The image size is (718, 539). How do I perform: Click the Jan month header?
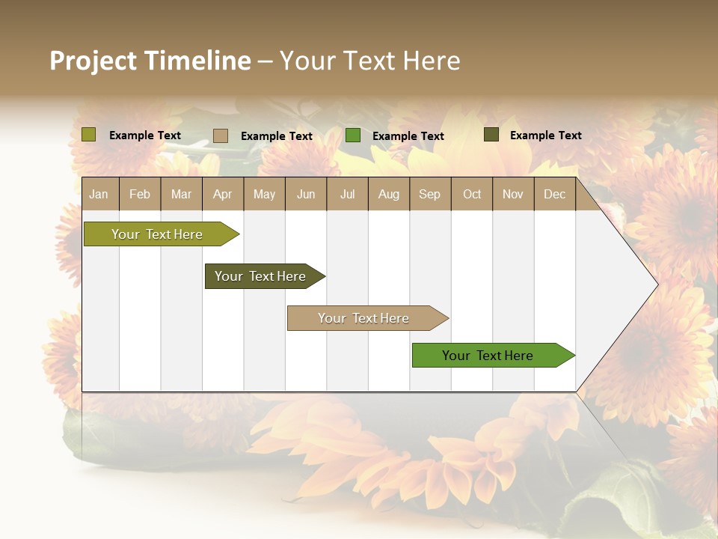[99, 194]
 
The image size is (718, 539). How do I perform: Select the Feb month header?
[140, 194]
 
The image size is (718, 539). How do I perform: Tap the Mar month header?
[181, 194]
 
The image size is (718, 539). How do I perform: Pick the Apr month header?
[223, 194]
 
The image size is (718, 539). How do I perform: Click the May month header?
[264, 194]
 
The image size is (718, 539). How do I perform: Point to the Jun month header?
[306, 194]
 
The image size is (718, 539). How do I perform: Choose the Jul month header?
[347, 194]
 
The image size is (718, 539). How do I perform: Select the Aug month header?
[389, 194]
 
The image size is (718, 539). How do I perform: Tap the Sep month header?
[430, 194]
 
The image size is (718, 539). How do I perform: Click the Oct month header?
[472, 194]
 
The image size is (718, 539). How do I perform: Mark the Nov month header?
[513, 194]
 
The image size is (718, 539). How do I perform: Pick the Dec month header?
[555, 194]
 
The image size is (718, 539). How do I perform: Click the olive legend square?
[89, 135]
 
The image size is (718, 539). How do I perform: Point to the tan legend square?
[221, 135]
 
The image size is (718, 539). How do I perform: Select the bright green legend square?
[353, 135]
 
